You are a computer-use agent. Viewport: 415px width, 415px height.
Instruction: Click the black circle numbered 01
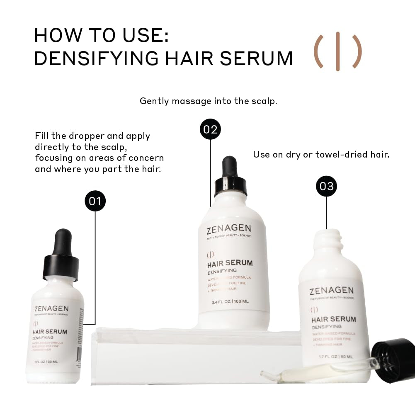coord(95,201)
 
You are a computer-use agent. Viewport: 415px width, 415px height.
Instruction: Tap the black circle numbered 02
coord(211,129)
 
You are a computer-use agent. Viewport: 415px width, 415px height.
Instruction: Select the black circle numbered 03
coord(327,186)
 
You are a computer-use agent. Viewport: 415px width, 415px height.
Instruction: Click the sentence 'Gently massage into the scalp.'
coord(208,101)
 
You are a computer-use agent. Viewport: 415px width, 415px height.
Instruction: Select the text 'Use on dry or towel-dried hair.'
coord(321,155)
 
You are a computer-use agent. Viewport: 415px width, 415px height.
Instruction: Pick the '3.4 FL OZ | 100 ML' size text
coord(230,301)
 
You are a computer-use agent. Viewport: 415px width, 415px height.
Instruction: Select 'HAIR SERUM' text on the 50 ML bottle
coord(333,319)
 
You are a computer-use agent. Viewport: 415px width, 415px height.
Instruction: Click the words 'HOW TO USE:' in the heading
coord(101,35)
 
